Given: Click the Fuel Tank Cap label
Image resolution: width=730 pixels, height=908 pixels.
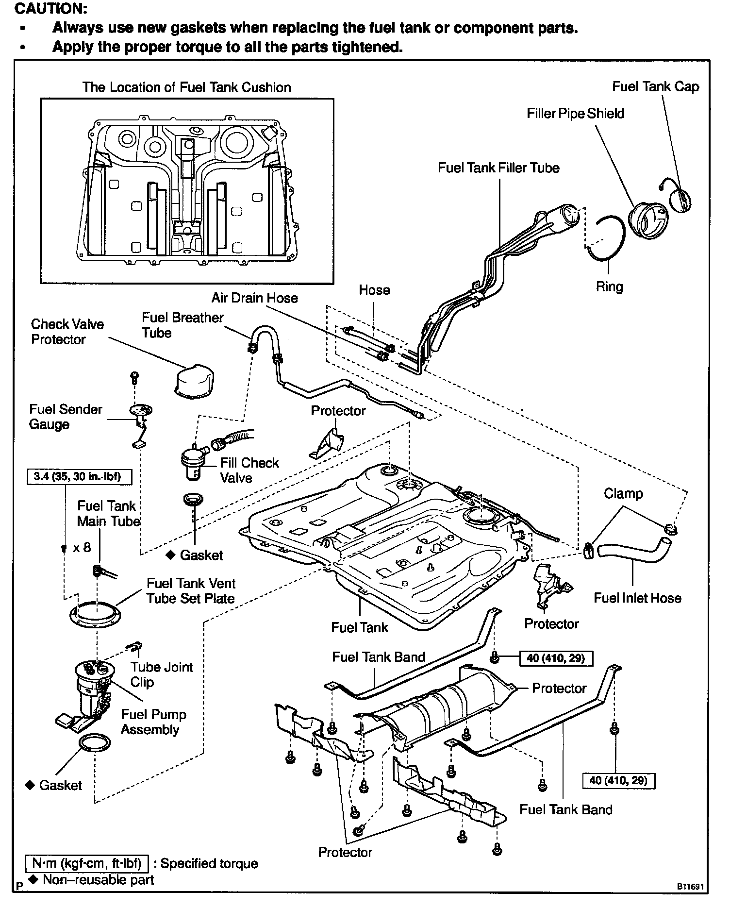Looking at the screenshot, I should click(655, 87).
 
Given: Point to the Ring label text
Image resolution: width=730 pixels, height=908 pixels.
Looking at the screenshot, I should click(609, 286).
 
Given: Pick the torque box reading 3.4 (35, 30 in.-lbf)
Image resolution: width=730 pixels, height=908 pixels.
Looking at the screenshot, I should click(77, 476).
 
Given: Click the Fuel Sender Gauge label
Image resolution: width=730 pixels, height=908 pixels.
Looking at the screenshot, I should click(65, 417).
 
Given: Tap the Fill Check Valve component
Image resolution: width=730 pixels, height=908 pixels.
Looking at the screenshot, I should click(193, 462).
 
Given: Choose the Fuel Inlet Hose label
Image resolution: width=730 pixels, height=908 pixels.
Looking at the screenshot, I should click(637, 598).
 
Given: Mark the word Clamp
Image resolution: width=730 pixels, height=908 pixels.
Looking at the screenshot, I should click(623, 494).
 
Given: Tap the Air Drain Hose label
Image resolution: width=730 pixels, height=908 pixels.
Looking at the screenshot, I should click(254, 298).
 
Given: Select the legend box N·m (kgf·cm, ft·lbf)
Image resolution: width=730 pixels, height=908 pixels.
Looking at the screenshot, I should click(87, 863).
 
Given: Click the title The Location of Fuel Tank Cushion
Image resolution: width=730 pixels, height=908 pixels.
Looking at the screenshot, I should click(186, 87).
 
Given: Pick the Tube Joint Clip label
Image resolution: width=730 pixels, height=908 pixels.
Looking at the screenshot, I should click(161, 674).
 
